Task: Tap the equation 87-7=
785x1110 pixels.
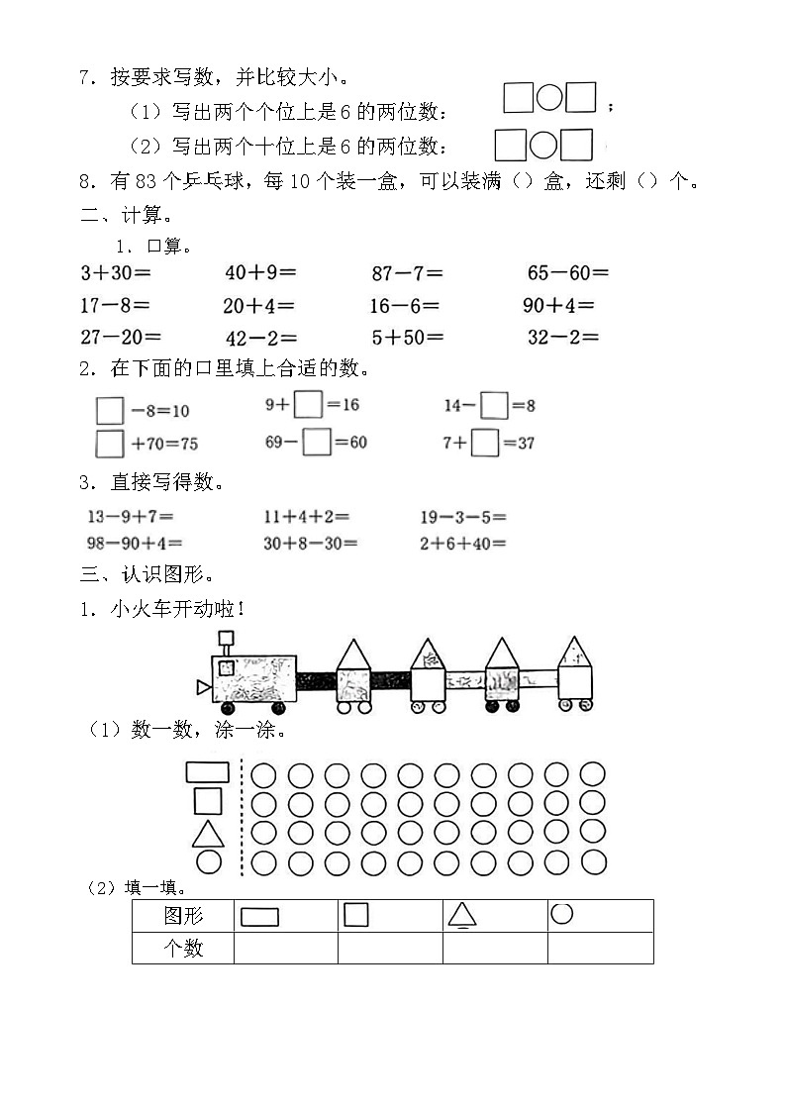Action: coord(407,272)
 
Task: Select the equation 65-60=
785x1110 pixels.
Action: coord(567,272)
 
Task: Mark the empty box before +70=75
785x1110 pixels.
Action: coord(110,443)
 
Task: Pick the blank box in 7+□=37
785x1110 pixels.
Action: coord(484,443)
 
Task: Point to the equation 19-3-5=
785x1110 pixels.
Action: coord(462,516)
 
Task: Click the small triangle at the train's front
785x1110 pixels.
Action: coord(203,686)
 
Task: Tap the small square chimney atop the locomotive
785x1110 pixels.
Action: coord(226,638)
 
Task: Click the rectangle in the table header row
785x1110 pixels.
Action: coord(260,917)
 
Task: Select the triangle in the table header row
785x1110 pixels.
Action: coord(462,915)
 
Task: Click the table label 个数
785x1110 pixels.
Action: coord(183,948)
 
